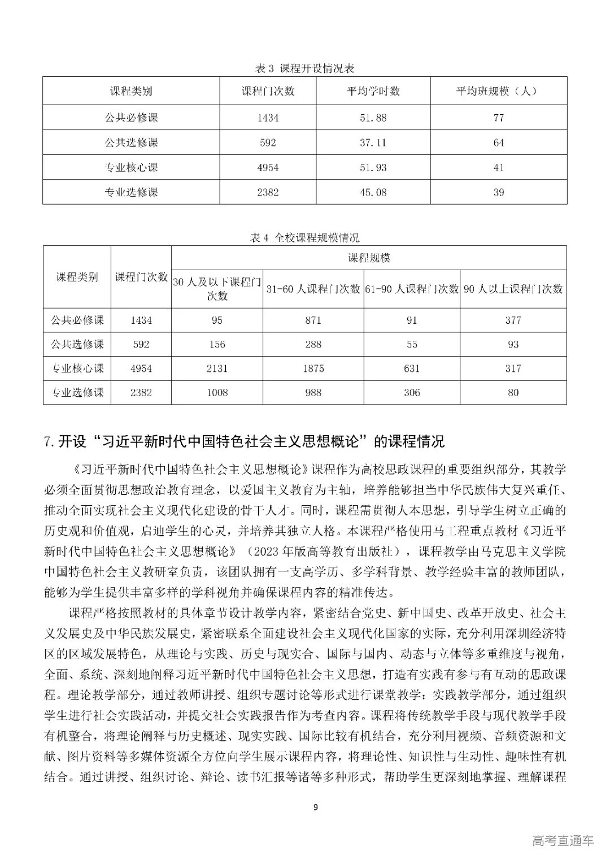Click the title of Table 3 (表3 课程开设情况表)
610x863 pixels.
point(305,68)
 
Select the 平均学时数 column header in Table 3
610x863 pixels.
point(373,91)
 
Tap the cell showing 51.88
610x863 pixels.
point(373,118)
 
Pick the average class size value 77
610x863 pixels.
point(498,118)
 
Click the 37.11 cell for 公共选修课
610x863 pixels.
point(373,142)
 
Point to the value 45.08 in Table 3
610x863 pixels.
point(373,192)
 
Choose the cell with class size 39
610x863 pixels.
point(498,192)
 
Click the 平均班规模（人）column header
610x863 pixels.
point(498,91)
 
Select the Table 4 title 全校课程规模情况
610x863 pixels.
point(305,237)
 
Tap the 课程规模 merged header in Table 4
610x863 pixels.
point(369,258)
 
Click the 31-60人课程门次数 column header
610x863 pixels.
point(313,289)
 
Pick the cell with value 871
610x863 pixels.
point(313,320)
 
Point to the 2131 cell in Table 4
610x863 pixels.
point(217,368)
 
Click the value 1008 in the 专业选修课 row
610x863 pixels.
point(217,392)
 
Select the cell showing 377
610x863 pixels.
point(513,320)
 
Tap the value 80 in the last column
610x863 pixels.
point(513,392)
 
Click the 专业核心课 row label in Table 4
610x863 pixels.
point(77,368)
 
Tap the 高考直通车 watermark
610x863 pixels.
point(563,842)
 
